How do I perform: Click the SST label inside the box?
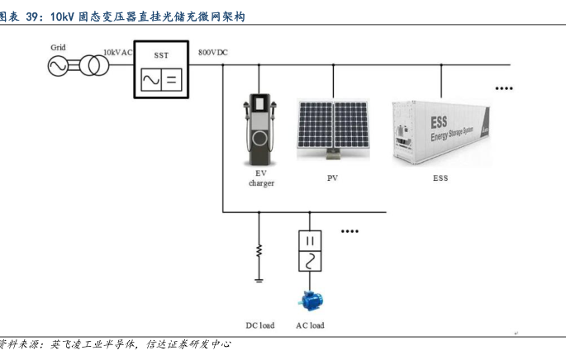pyautogui.click(x=161, y=55)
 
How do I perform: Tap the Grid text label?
pyautogui.click(x=58, y=47)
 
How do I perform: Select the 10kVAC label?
pyautogui.click(x=118, y=52)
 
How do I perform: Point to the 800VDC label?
pyautogui.click(x=213, y=52)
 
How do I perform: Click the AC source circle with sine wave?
pyautogui.click(x=58, y=66)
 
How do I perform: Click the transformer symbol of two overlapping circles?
pyautogui.click(x=94, y=65)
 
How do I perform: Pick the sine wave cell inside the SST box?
pyautogui.click(x=151, y=79)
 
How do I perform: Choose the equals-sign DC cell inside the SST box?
pyautogui.click(x=172, y=79)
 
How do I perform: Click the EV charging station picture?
pyautogui.click(x=259, y=130)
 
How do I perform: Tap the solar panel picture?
pyautogui.click(x=333, y=130)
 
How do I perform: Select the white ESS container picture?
pyautogui.click(x=441, y=133)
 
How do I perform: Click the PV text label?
pyautogui.click(x=332, y=178)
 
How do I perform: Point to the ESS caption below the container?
pyautogui.click(x=440, y=178)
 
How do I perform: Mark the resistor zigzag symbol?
pyautogui.click(x=259, y=251)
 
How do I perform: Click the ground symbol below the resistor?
pyautogui.click(x=259, y=280)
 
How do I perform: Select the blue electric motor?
pyautogui.click(x=311, y=301)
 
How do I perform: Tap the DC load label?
pyautogui.click(x=260, y=325)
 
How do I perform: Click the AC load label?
pyautogui.click(x=310, y=325)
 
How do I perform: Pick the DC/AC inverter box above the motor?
pyautogui.click(x=310, y=251)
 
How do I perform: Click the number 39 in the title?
pyautogui.click(x=32, y=17)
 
